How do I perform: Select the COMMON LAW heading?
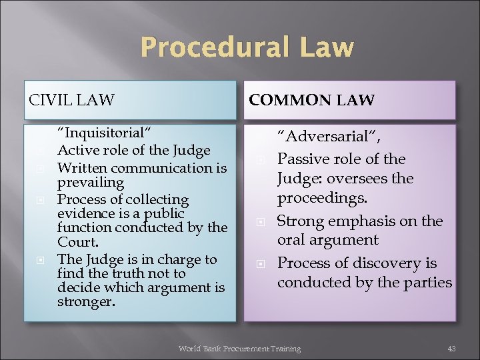point(311,101)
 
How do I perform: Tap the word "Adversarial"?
point(328,137)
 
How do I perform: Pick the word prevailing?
point(90,182)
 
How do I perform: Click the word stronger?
point(86,302)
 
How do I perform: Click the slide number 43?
point(451,349)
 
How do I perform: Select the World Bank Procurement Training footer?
point(239,349)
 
